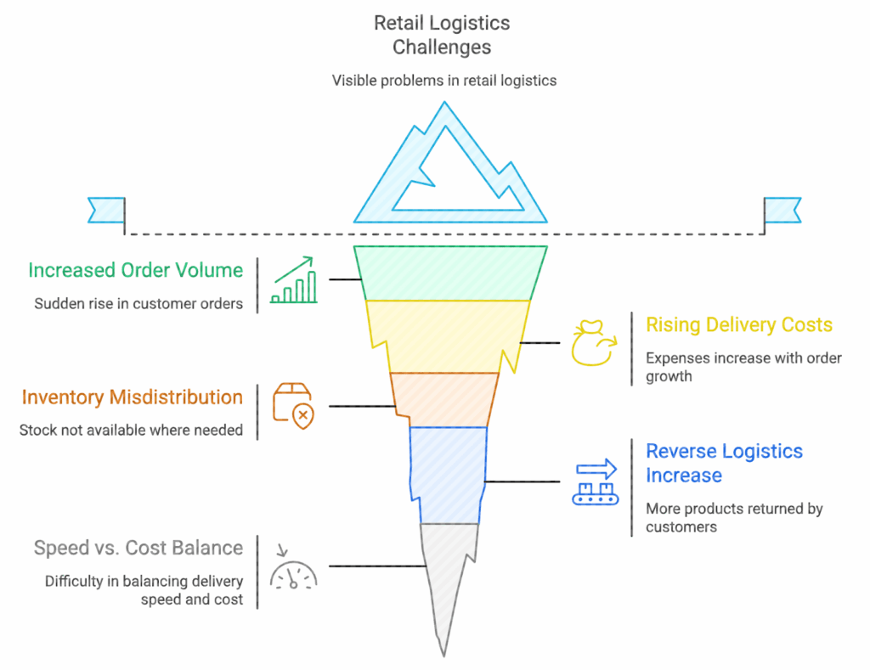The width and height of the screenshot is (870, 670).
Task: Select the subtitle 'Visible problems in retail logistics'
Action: click(443, 81)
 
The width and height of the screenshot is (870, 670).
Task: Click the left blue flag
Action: click(106, 209)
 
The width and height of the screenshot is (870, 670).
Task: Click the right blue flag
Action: click(782, 209)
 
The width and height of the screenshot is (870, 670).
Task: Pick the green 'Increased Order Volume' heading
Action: click(135, 270)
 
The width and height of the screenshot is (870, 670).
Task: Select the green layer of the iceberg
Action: click(450, 273)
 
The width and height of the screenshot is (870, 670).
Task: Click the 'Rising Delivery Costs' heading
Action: click(739, 324)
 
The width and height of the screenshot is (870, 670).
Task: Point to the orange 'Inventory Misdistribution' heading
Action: click(132, 397)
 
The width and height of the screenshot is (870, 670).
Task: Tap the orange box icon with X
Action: click(291, 403)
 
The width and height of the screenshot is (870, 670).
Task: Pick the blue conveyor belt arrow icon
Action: click(596, 482)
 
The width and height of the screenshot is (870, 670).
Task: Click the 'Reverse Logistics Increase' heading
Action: click(724, 463)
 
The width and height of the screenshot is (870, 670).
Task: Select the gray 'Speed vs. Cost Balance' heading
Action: click(138, 548)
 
